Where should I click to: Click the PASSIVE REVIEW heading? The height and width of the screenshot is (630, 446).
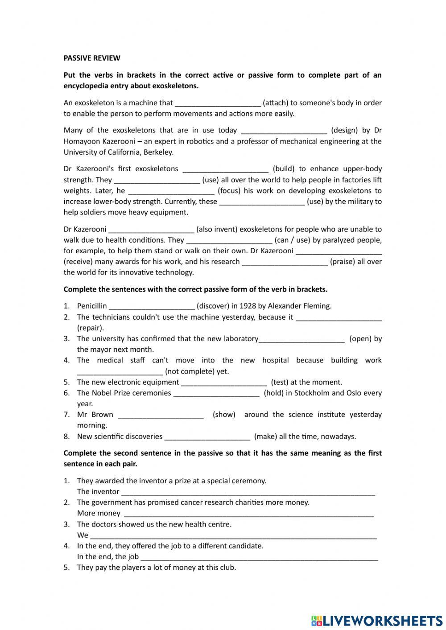click(x=92, y=58)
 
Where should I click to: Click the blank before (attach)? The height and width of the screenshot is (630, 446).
click(x=218, y=103)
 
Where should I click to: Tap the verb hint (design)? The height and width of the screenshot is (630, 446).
click(x=344, y=130)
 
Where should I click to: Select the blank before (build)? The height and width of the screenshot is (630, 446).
click(x=226, y=169)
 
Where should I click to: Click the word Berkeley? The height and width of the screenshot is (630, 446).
click(x=158, y=152)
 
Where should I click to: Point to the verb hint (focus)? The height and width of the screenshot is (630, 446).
click(x=229, y=191)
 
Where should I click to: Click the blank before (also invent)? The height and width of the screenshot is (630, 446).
click(x=151, y=230)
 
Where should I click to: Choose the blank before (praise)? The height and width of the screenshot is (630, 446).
click(x=285, y=262)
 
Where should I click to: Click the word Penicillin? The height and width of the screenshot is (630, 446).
click(x=92, y=306)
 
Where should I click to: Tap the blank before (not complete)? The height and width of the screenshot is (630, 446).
click(x=120, y=371)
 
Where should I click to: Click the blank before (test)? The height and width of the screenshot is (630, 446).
click(x=224, y=382)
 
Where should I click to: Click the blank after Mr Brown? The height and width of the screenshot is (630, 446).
click(x=161, y=415)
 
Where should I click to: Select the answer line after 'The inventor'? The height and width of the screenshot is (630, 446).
click(x=248, y=492)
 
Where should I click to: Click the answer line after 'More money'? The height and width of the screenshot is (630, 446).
click(x=248, y=514)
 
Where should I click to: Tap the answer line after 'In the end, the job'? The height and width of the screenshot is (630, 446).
click(x=259, y=557)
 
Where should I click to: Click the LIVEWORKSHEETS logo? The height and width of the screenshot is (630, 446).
click(x=377, y=621)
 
